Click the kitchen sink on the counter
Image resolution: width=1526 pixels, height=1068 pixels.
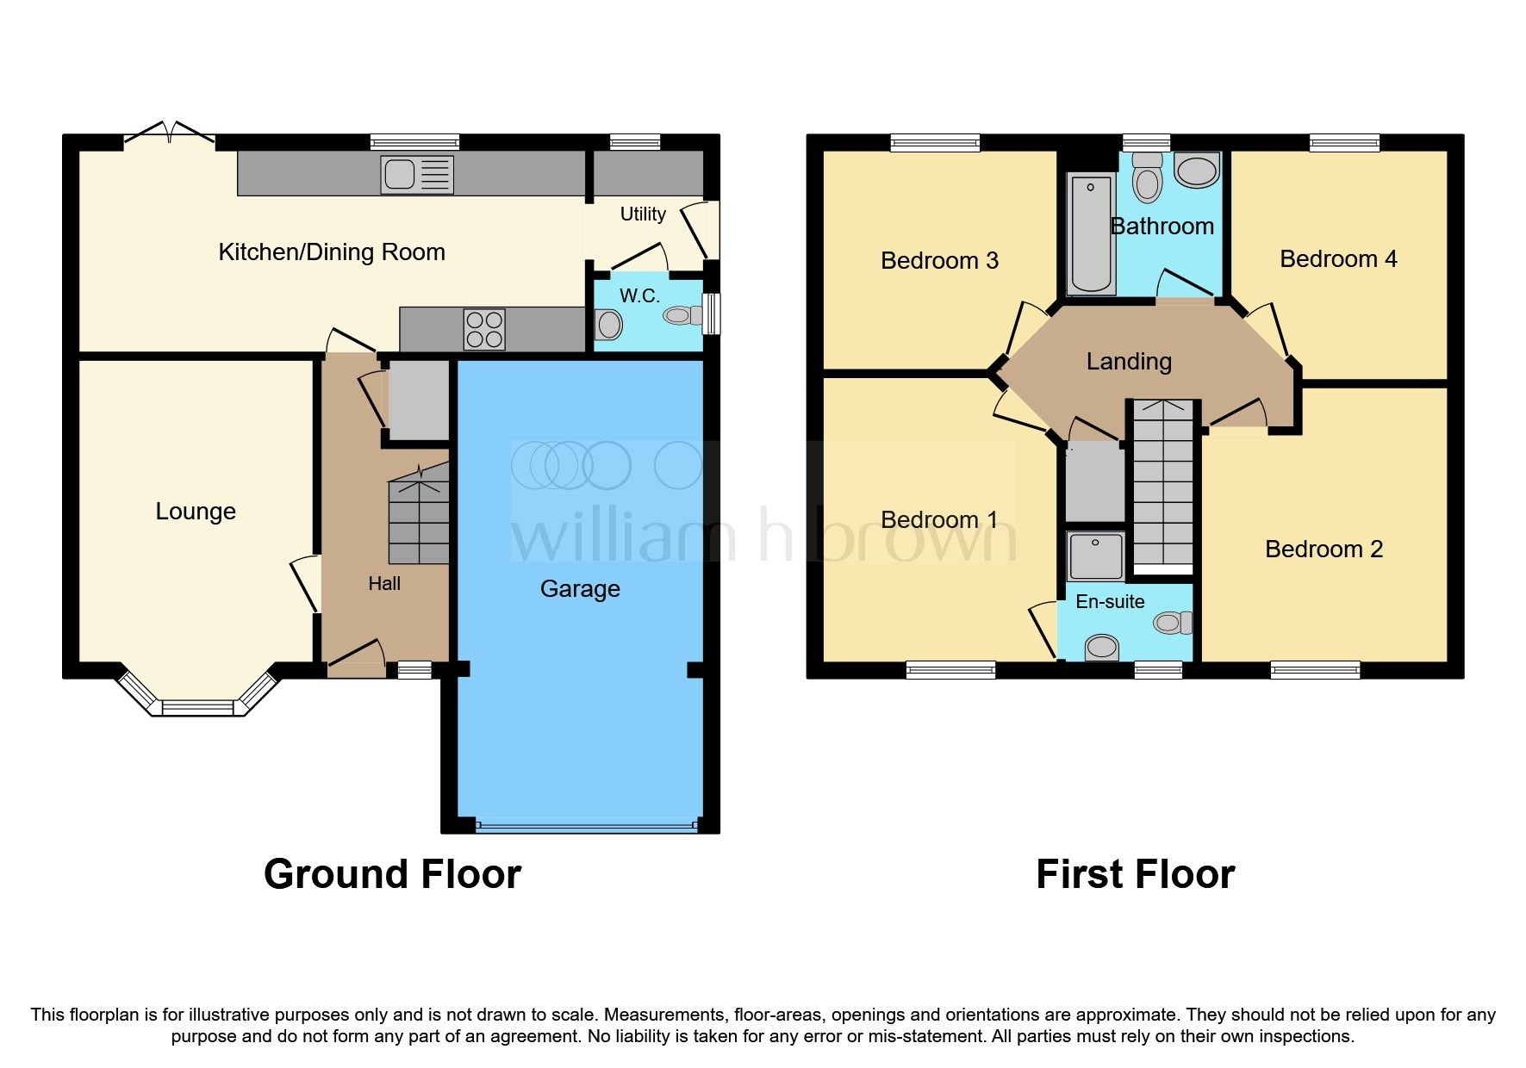(417, 175)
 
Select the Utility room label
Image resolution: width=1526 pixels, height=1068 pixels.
(643, 214)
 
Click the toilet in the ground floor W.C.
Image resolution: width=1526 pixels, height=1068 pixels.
(681, 316)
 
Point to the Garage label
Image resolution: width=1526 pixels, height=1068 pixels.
(580, 589)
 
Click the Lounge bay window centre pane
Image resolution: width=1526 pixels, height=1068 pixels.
(197, 708)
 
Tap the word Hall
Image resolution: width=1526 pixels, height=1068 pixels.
(384, 584)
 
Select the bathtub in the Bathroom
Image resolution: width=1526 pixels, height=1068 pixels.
(1090, 233)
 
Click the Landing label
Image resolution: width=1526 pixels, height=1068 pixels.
(1129, 362)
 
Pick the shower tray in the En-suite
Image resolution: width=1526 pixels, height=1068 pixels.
(1095, 556)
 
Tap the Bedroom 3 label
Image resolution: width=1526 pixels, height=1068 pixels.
(939, 261)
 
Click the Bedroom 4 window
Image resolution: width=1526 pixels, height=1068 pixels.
(1344, 143)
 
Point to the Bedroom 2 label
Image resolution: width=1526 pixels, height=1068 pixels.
(1324, 550)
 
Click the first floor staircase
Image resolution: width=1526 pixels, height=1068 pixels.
(1163, 487)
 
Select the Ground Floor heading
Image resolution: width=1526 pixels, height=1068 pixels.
(392, 874)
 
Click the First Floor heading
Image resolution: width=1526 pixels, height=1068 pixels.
(1135, 874)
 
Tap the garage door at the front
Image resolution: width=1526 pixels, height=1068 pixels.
(586, 827)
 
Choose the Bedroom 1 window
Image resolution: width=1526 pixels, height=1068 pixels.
(950, 670)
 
